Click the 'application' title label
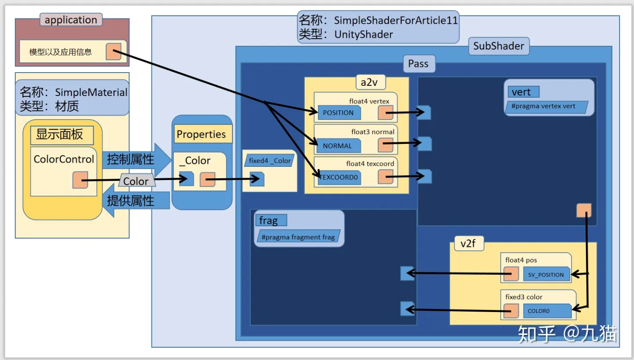tap(71, 20)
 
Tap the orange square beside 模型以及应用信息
tap(113, 51)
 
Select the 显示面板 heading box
tap(62, 135)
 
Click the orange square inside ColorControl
tap(80, 180)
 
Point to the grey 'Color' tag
tap(136, 181)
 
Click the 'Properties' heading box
tap(201, 134)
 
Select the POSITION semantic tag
tap(339, 113)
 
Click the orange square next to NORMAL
tap(385, 145)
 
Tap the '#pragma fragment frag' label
tap(298, 237)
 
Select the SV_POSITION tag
tap(546, 275)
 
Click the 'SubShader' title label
tap(499, 46)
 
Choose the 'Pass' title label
tap(418, 64)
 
